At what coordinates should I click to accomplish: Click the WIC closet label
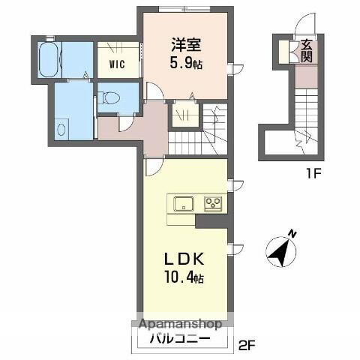[x=116, y=64]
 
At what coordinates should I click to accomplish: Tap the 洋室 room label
[x=183, y=44]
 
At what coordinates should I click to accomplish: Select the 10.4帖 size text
[x=184, y=278]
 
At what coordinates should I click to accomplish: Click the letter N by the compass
[x=292, y=234]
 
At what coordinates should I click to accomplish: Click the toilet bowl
[x=109, y=96]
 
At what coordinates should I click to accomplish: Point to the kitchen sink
[x=184, y=202]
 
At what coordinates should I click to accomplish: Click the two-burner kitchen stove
[x=213, y=202]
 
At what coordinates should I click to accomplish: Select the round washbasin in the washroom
[x=62, y=127]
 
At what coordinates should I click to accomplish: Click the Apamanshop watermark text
[x=178, y=325]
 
